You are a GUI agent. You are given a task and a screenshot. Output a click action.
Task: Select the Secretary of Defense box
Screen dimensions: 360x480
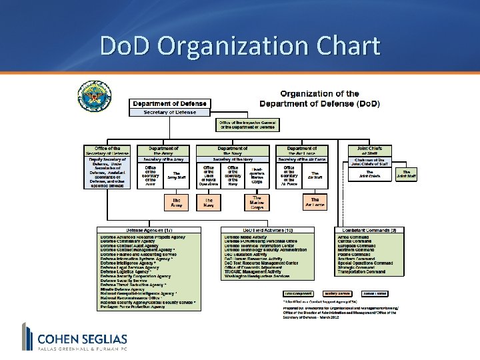(172, 113)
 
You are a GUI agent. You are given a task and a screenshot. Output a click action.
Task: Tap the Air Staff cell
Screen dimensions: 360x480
(314, 175)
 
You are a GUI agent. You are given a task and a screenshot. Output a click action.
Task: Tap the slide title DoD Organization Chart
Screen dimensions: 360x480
(240, 47)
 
